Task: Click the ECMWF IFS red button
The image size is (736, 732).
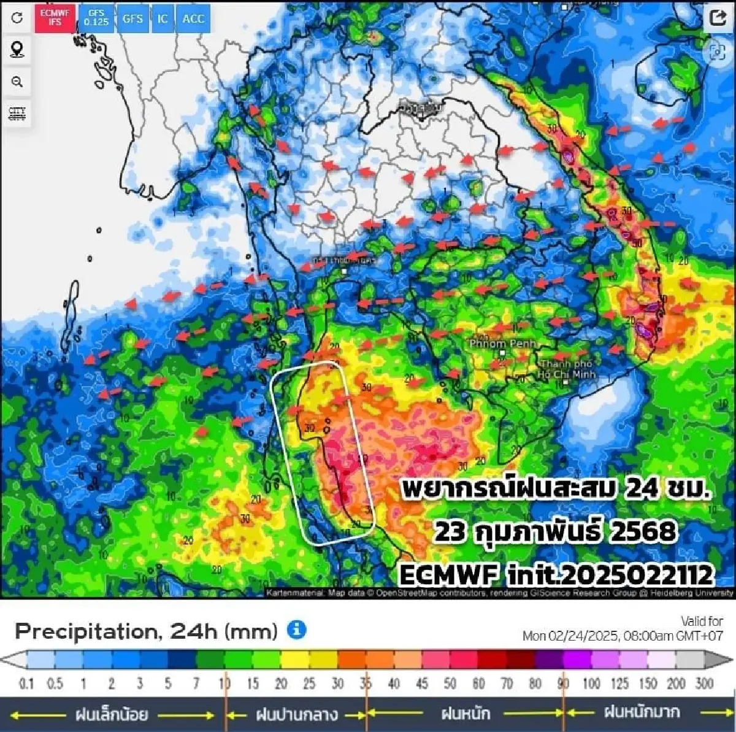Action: (55, 18)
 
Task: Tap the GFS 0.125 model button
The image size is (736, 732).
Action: (96, 18)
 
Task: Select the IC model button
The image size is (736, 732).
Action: (162, 18)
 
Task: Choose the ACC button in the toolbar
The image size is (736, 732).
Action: (193, 18)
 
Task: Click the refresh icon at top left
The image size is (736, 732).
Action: (17, 18)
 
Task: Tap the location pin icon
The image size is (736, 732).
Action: (17, 50)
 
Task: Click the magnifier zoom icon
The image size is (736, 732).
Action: (17, 82)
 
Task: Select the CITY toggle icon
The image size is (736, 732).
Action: (17, 114)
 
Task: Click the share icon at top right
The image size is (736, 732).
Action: (718, 18)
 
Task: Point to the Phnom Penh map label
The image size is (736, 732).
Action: (502, 344)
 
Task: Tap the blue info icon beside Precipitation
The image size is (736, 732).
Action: (296, 630)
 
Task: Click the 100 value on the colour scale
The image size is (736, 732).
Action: (591, 683)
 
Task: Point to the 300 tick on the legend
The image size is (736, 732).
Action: (704, 683)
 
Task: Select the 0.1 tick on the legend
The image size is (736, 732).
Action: (26, 683)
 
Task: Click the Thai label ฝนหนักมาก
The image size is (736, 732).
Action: (642, 712)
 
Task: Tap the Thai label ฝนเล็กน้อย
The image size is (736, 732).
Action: (111, 714)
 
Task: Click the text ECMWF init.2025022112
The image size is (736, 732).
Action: (556, 575)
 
